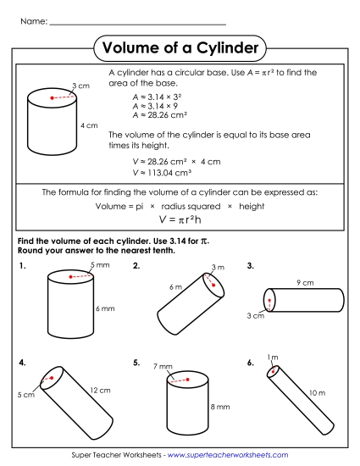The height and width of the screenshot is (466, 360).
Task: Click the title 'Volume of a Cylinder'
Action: tap(180, 48)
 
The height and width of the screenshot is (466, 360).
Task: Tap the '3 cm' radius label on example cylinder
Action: tap(80, 86)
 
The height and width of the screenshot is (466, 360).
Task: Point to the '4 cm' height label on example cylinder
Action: tap(89, 125)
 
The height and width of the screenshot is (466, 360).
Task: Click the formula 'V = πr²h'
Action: tap(180, 219)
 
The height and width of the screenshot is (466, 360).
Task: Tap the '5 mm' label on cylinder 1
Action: tap(100, 266)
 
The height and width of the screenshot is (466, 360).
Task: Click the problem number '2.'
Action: tap(136, 266)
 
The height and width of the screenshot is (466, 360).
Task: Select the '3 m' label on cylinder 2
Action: tap(218, 267)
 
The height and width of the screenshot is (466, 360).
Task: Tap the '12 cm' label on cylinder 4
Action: tap(100, 390)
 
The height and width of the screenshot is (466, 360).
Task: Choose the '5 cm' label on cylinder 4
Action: tap(25, 395)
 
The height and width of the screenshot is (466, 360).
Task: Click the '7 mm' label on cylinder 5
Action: tap(162, 367)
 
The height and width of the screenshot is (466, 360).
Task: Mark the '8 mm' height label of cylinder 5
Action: tap(219, 407)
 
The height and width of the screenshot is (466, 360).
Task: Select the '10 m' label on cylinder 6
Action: tap(317, 393)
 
